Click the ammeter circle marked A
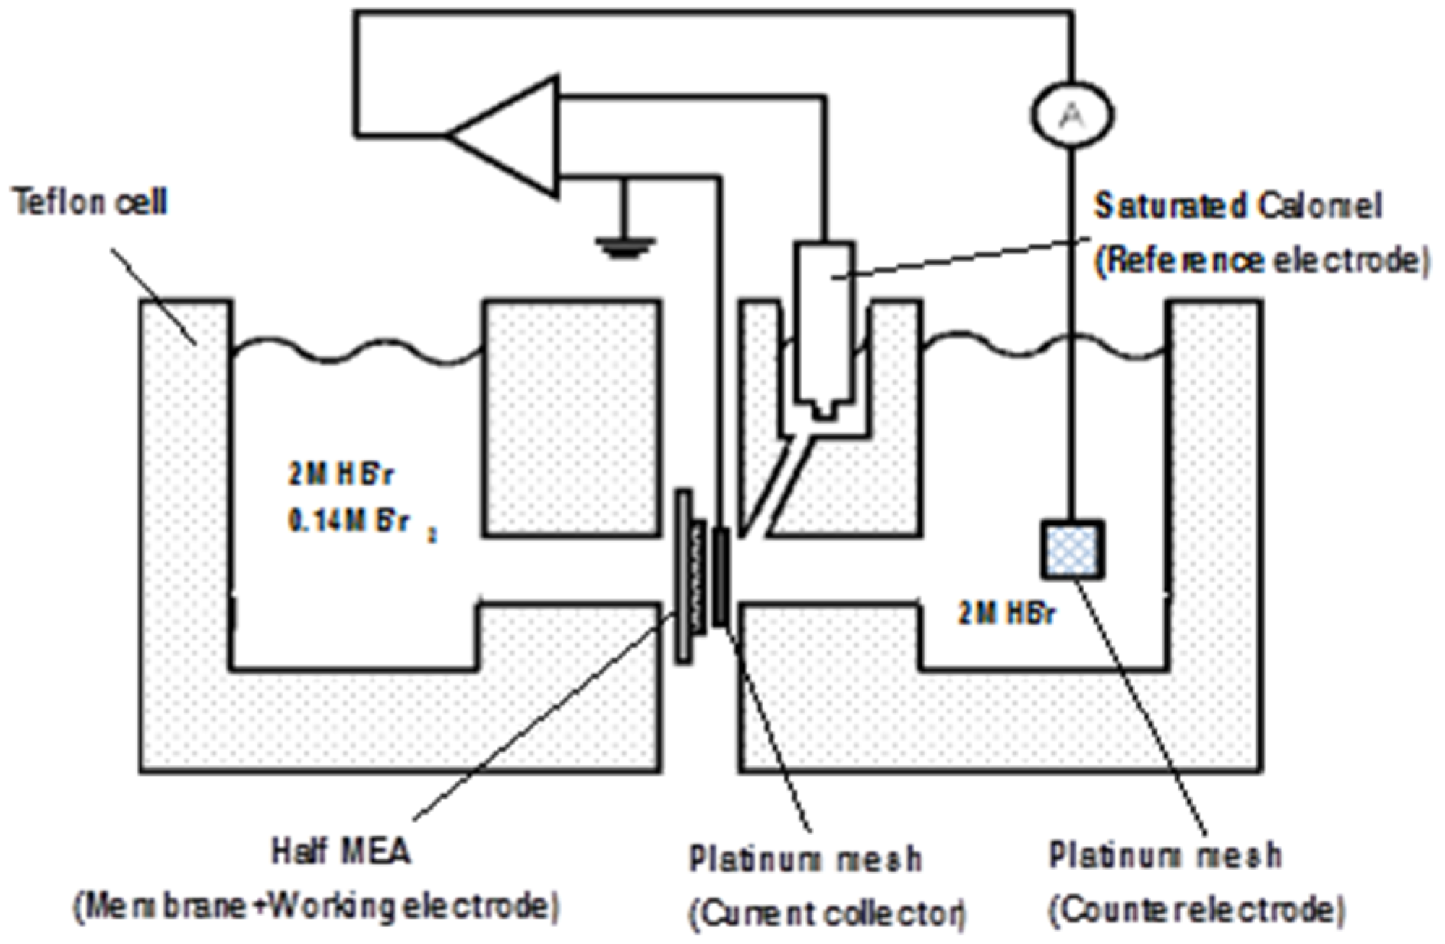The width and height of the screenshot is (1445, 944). [1072, 114]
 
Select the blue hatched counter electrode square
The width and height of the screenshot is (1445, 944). [1073, 549]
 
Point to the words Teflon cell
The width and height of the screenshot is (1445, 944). [90, 202]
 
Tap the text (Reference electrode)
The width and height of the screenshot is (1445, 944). [1261, 260]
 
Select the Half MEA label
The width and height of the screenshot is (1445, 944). [341, 851]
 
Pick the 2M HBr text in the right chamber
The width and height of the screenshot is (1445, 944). [1006, 614]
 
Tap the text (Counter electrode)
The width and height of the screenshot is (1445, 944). [1196, 909]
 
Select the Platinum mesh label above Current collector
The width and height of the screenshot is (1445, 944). [805, 859]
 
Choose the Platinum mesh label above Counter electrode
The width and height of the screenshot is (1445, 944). [1165, 855]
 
